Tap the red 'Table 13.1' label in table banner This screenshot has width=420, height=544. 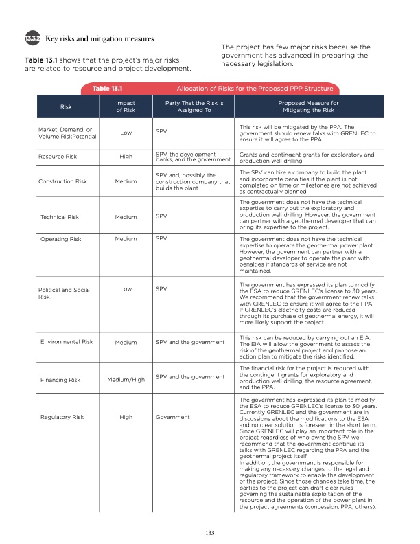click(x=101, y=89)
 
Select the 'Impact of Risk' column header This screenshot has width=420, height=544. click(x=126, y=106)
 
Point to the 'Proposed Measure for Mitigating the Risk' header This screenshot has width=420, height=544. click(x=305, y=106)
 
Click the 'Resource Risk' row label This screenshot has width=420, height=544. click(x=60, y=157)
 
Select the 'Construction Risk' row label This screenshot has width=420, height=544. click(x=62, y=182)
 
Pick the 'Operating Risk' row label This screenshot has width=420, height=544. click(x=61, y=238)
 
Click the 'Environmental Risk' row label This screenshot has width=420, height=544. click(x=67, y=341)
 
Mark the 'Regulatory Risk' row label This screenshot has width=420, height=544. click(x=62, y=416)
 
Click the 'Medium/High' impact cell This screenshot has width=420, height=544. click(x=126, y=379)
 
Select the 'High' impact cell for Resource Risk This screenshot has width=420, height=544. click(x=126, y=157)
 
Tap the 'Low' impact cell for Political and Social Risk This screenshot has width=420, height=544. click(x=126, y=289)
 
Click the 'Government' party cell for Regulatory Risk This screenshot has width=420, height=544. click(x=173, y=416)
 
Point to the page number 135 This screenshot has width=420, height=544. click(x=210, y=531)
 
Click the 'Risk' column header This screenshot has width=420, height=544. click(x=67, y=107)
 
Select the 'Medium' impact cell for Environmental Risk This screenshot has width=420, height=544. click(x=126, y=341)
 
